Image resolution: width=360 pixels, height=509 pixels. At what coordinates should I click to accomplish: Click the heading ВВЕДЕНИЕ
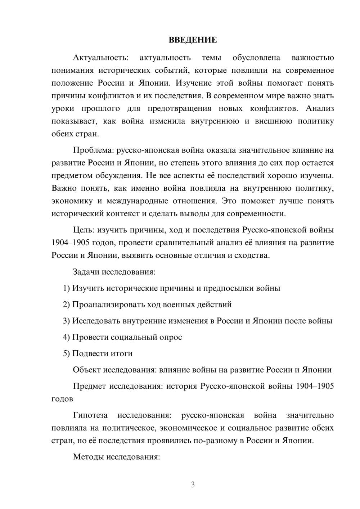(x=193, y=40)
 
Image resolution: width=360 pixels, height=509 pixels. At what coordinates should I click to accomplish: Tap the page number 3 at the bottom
(x=193, y=485)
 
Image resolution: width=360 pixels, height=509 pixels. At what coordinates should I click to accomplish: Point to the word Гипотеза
(x=90, y=415)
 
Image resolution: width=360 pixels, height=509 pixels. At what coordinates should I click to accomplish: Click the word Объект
(x=86, y=370)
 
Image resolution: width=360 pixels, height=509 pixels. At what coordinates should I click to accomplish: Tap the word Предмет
(x=89, y=386)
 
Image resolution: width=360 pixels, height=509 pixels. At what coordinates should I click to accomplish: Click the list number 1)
(x=66, y=288)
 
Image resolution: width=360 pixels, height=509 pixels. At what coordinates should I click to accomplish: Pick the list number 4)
(x=66, y=337)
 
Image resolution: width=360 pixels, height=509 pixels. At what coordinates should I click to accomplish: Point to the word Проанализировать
(x=108, y=305)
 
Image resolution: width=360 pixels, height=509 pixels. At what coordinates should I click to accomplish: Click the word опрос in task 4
(x=172, y=337)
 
